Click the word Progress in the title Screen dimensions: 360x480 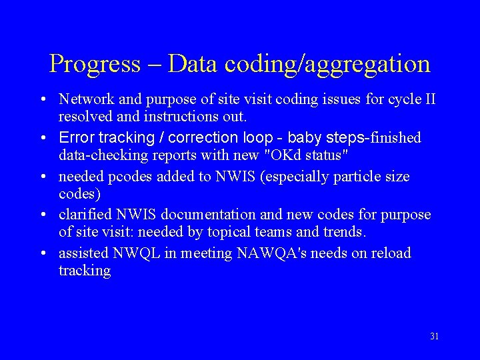(95, 65)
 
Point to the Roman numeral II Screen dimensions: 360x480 (430, 99)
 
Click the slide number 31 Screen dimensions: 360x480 (434, 336)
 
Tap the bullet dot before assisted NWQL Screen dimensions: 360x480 (42, 253)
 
